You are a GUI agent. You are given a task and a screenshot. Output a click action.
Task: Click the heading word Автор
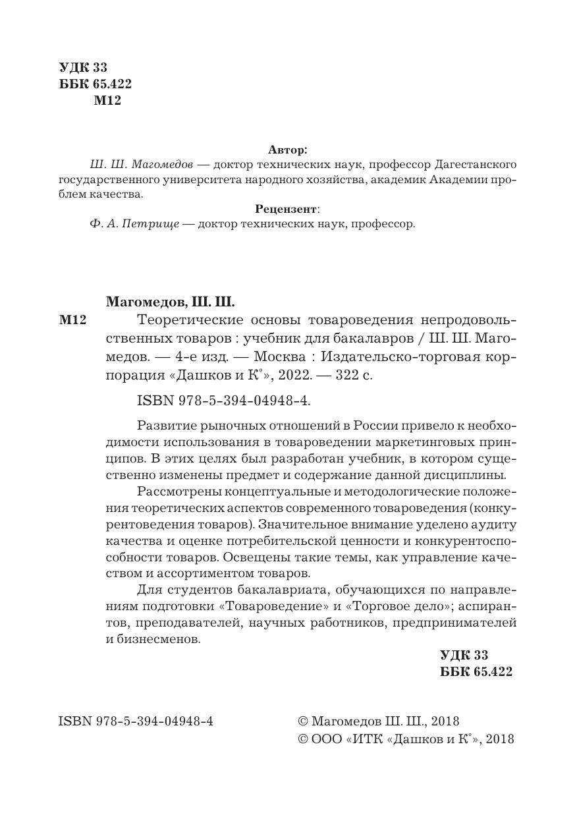tap(288, 150)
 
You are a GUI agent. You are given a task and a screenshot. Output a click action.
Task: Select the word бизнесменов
tap(158, 639)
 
